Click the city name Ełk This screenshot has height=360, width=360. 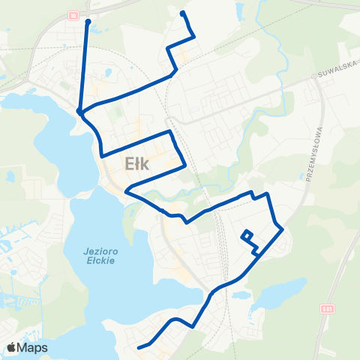pos(139,165)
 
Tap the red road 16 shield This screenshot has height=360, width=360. pos(73,15)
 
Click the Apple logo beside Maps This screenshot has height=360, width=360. pos(12,347)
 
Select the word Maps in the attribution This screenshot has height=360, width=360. pos(34,347)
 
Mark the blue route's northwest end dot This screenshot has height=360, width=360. pos(88,22)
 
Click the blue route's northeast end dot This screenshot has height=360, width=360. pos(183,13)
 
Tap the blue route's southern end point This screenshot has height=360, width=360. pos(138,346)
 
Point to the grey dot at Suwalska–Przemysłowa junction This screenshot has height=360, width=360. pos(314,77)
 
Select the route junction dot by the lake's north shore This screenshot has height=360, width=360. pos(79,112)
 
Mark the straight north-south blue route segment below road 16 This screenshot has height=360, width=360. pos(84,67)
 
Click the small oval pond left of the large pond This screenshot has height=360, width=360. pos(241,295)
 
